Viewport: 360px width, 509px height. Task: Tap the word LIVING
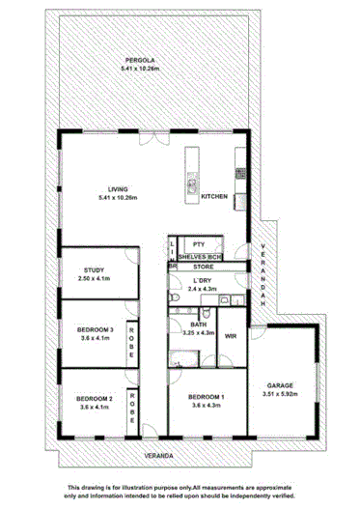coord(119,188)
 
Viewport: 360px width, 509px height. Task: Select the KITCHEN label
coord(214,197)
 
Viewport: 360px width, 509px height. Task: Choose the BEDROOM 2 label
coord(95,399)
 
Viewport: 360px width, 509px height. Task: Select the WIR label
coord(231,335)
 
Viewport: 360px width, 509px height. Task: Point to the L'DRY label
coord(203,280)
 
